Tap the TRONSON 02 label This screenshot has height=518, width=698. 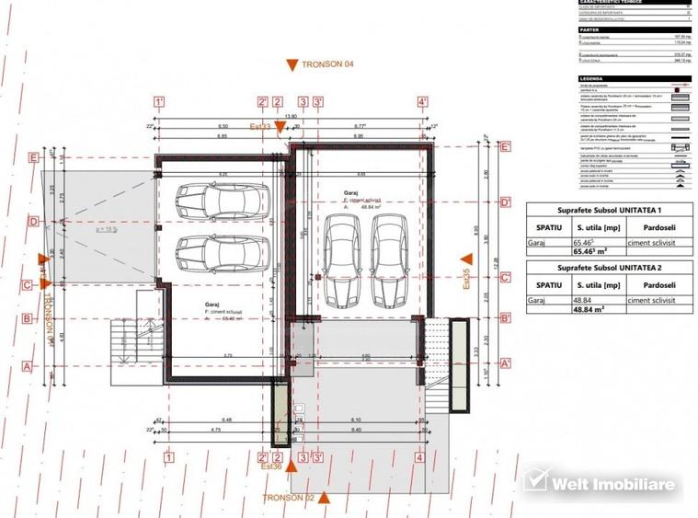point(288,498)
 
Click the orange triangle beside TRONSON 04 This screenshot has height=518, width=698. point(292,64)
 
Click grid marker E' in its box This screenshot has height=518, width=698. point(505,146)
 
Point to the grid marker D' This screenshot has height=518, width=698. point(505,201)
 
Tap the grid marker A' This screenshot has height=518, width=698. point(505,363)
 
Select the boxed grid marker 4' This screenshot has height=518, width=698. point(422,102)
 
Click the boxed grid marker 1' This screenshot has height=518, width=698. point(159,102)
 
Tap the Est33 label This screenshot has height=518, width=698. point(260,126)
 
